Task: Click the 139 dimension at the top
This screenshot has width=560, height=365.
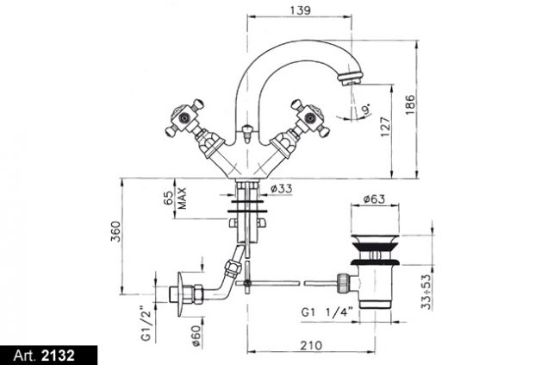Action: [x=301, y=10]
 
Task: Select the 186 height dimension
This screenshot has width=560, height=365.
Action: [x=410, y=104]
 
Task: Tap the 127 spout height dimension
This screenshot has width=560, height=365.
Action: [x=385, y=127]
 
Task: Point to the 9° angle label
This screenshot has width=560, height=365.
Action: [x=366, y=109]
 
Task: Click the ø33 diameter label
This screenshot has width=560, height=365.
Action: [x=281, y=188]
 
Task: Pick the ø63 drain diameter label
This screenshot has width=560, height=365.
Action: [x=374, y=198]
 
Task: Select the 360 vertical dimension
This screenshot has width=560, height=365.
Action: [x=115, y=231]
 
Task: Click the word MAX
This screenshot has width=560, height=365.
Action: [x=182, y=198]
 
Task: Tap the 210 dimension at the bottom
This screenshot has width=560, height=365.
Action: [x=311, y=346]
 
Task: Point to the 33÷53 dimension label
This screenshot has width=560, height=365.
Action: [x=426, y=292]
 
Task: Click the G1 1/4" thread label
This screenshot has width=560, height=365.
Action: [x=327, y=312]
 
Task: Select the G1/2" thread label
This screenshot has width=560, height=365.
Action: [x=146, y=323]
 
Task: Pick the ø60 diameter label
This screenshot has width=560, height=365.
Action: [x=196, y=336]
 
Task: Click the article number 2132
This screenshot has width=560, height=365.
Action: [x=59, y=356]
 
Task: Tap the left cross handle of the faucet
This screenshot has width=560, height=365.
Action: [x=185, y=117]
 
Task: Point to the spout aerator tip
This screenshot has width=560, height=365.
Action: [x=350, y=79]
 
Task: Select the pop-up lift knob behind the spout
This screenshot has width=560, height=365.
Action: [x=246, y=133]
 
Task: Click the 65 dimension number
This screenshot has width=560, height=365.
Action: [x=168, y=198]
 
